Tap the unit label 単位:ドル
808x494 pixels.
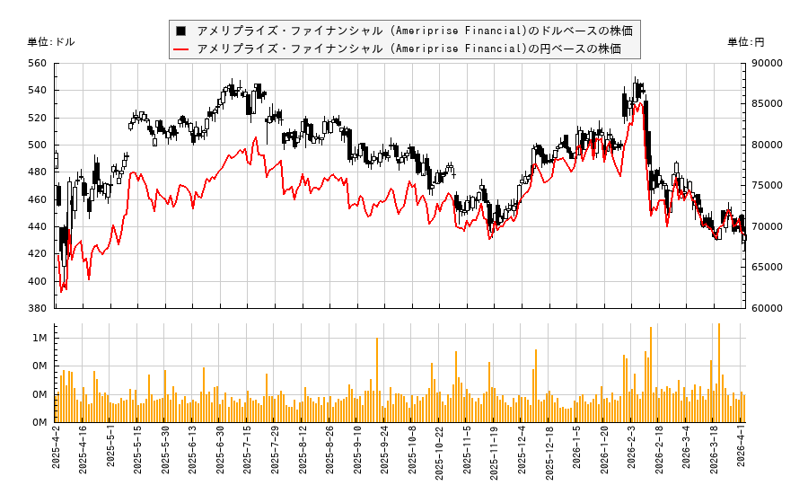(51, 42)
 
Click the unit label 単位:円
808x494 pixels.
(746, 42)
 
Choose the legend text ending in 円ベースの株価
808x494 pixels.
(408, 49)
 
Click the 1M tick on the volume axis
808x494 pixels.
(40, 338)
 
